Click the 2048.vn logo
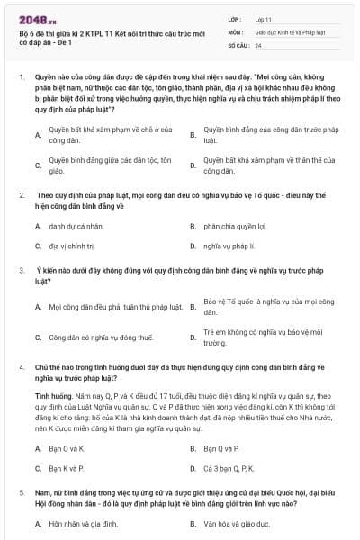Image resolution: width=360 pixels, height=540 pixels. [x=35, y=19]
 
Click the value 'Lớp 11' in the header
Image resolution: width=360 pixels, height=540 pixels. [x=261, y=18]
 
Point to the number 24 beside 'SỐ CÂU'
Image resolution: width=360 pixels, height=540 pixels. [x=258, y=45]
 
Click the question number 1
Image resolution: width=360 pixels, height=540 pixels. [x=20, y=77]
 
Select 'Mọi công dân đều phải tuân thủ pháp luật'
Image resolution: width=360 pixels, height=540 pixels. [x=104, y=307]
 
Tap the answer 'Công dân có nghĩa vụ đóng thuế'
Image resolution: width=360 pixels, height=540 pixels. [x=89, y=337]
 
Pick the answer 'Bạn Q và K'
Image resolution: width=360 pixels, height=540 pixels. [x=67, y=448]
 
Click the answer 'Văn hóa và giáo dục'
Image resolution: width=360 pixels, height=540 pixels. [x=236, y=523]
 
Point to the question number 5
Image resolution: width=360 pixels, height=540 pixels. [x=20, y=493]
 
